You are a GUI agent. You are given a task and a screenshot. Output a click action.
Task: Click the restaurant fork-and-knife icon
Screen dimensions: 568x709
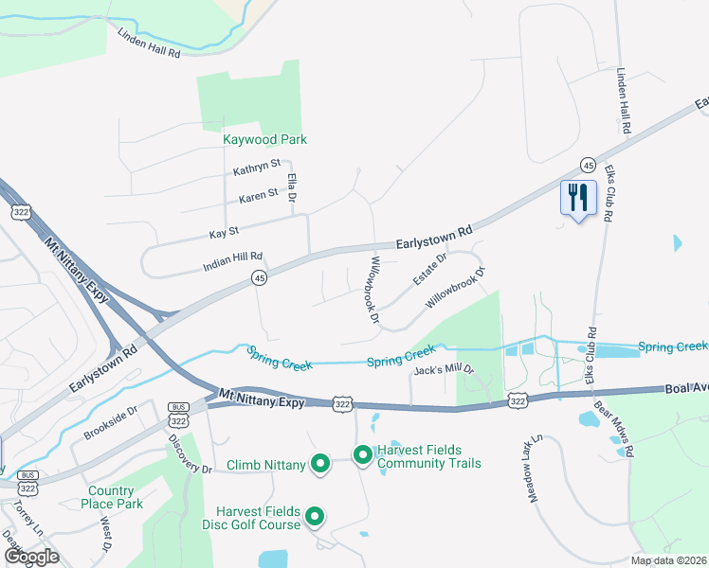click(x=578, y=198)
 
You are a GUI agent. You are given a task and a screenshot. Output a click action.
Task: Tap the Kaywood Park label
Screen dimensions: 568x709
click(x=264, y=139)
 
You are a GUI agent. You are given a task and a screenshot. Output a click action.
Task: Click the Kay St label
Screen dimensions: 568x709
click(x=224, y=232)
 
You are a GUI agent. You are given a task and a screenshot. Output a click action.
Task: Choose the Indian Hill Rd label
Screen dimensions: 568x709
click(x=232, y=262)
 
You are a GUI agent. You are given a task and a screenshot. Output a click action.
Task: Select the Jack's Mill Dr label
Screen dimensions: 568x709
click(x=443, y=370)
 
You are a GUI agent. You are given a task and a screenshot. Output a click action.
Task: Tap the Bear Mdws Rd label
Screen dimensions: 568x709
click(x=613, y=429)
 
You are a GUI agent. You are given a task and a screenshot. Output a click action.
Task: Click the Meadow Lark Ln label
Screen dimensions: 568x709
click(x=534, y=468)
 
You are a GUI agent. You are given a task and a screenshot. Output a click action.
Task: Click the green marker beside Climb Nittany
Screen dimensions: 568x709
click(x=320, y=464)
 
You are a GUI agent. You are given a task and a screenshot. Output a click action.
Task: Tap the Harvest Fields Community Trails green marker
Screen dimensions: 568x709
click(x=362, y=456)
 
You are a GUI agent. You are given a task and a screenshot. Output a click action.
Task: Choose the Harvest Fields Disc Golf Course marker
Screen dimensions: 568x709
click(x=315, y=517)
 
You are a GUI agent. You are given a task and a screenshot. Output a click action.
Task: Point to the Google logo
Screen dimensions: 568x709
click(x=31, y=557)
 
